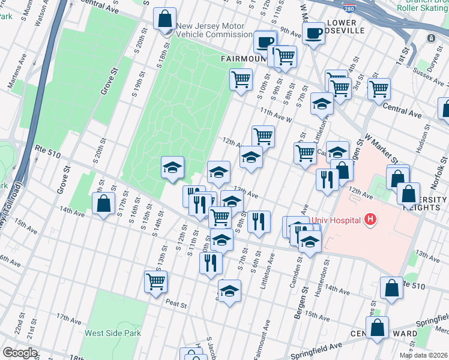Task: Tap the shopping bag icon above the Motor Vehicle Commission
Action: coord(164,19)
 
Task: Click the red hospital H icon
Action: coord(370,220)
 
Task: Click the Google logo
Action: coord(20,353)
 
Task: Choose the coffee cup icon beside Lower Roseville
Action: coord(313,34)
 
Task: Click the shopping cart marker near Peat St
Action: coord(156,281)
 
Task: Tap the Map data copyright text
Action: coord(423,355)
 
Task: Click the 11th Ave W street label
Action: coord(276,115)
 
